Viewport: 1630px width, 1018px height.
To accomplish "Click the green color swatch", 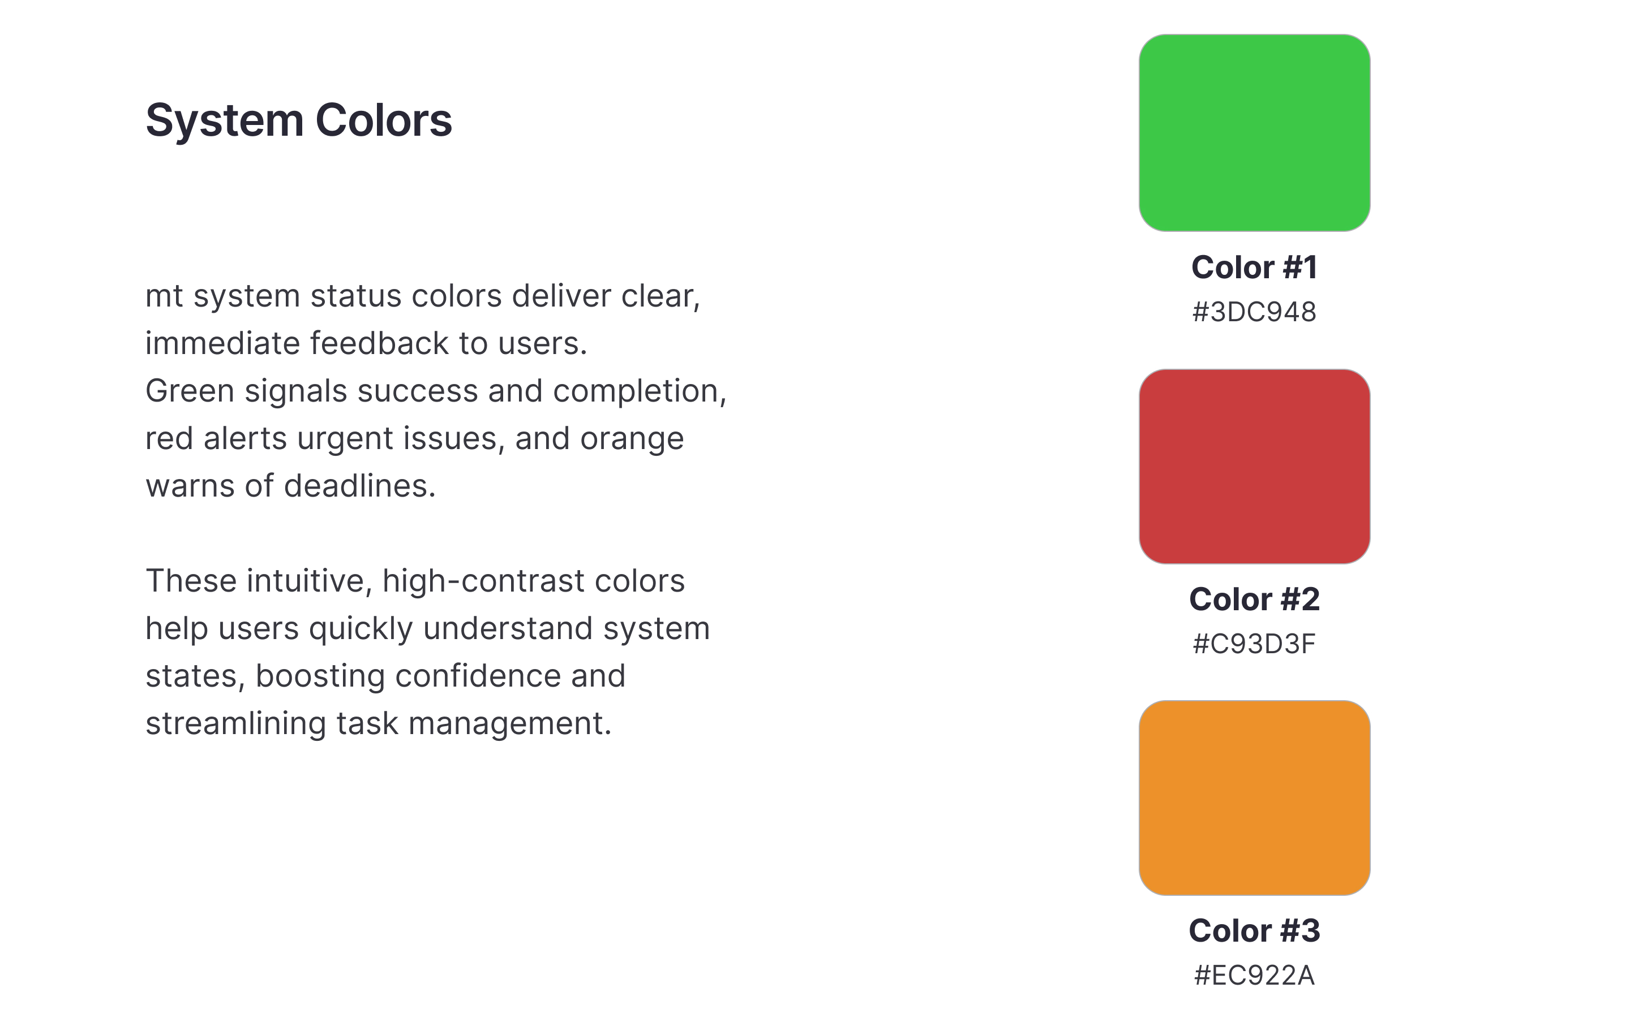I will tap(1254, 133).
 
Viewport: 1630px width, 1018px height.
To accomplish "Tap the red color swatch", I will tap(1254, 466).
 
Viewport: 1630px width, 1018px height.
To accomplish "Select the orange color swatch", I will tap(1254, 798).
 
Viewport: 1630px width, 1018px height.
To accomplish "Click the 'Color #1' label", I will tap(1254, 268).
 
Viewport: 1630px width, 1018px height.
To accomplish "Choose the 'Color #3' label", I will tap(1254, 930).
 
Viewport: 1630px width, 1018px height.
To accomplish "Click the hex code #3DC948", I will tap(1254, 312).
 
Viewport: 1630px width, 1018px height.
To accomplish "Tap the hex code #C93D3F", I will tap(1254, 644).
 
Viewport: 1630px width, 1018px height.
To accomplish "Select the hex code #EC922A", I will tap(1254, 976).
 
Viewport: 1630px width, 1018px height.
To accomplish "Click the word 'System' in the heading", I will tap(224, 120).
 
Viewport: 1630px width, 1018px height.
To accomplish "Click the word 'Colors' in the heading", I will tap(383, 120).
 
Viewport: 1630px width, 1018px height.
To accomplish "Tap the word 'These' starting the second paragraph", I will tap(190, 581).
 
